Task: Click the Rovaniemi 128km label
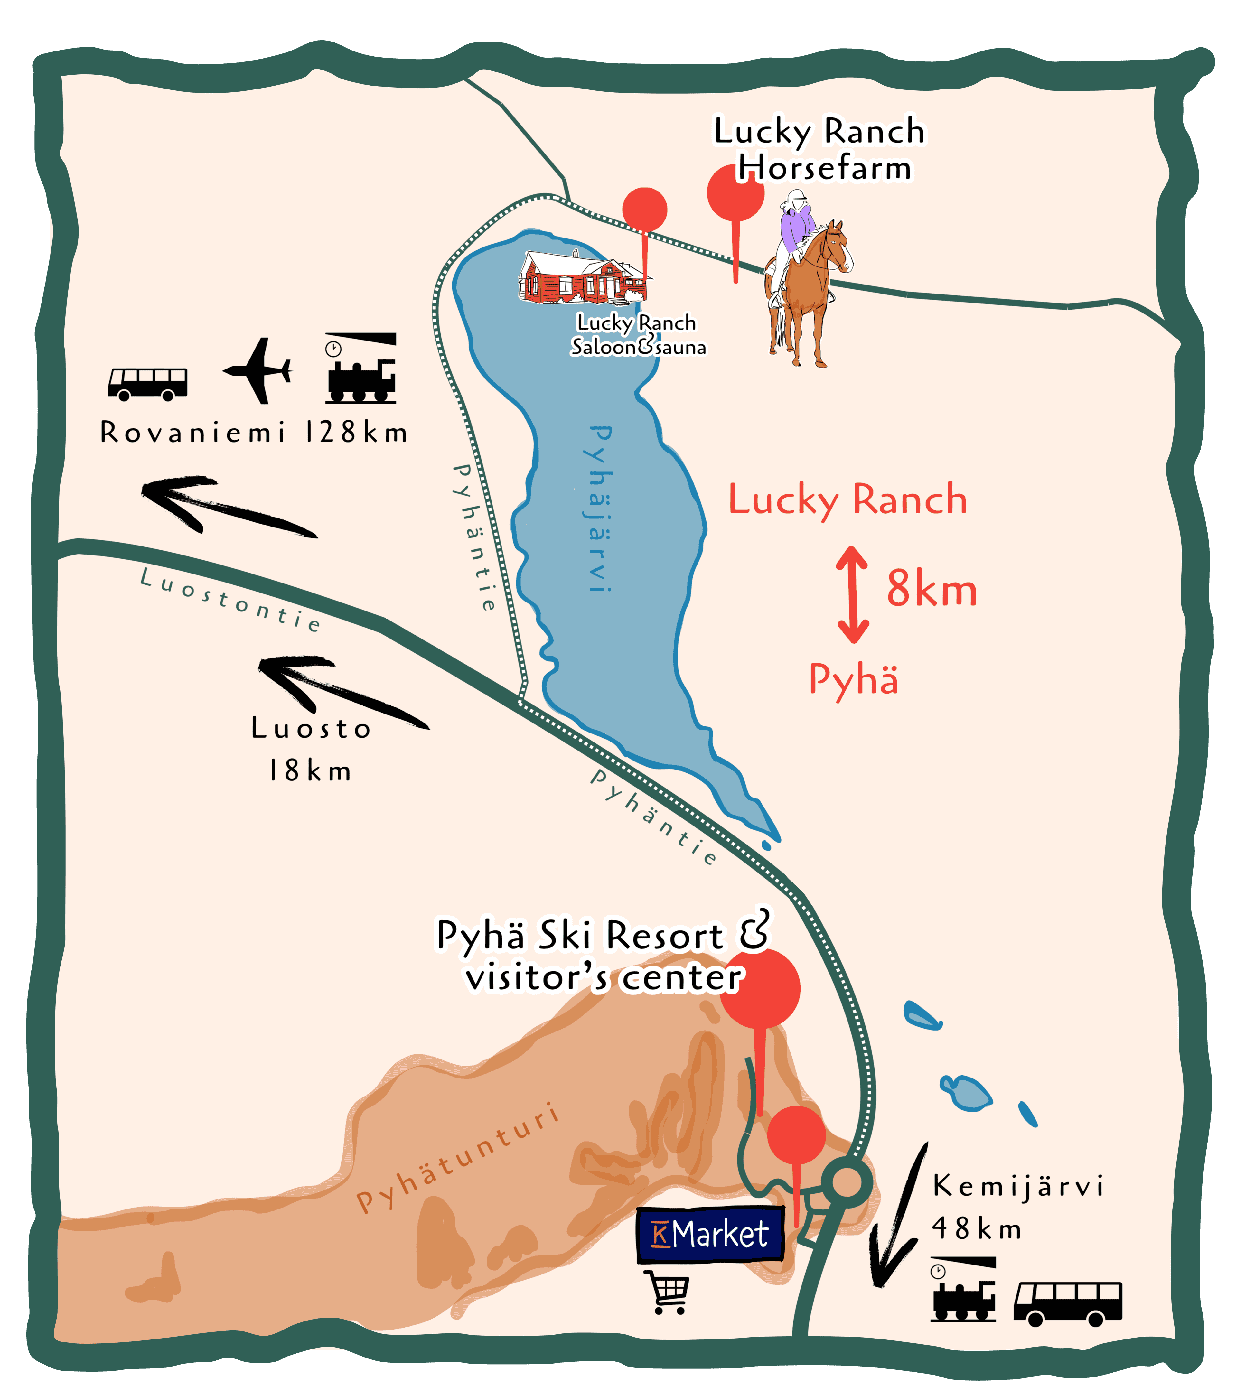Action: coord(254,432)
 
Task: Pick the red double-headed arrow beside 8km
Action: coord(852,594)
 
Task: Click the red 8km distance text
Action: coord(932,589)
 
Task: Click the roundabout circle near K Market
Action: coord(847,1181)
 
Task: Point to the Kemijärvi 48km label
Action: coord(1017,1207)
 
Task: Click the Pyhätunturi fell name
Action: coord(458,1159)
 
